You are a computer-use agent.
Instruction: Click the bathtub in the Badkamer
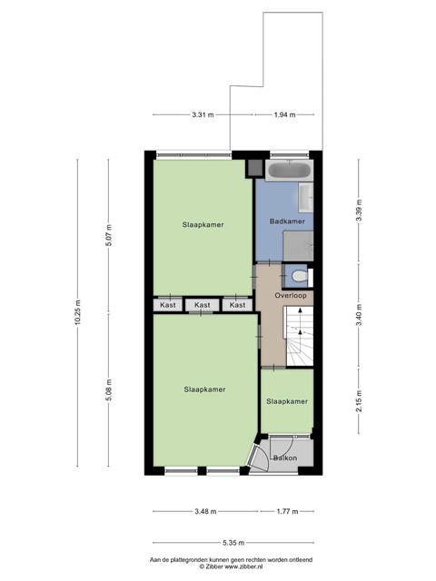click(289, 171)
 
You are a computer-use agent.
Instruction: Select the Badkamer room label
click(287, 222)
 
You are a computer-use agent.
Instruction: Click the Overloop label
click(291, 295)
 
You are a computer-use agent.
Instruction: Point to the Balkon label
click(285, 458)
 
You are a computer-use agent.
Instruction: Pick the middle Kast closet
click(203, 305)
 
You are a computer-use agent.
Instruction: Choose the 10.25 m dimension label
click(77, 312)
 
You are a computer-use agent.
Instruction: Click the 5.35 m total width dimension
click(233, 543)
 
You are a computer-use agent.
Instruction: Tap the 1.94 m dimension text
click(284, 114)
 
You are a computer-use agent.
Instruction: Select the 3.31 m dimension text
click(203, 114)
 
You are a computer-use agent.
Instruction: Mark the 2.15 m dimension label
click(359, 401)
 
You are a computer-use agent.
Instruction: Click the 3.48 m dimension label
click(205, 511)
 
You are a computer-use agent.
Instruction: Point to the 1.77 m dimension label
click(287, 511)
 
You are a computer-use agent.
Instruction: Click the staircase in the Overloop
click(299, 336)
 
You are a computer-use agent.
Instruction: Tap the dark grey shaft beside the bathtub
click(254, 168)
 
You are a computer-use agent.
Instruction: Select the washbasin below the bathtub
click(306, 198)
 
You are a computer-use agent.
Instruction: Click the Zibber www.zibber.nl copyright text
click(231, 566)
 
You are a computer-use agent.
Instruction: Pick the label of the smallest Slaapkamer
click(287, 401)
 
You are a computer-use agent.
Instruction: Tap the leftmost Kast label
click(168, 305)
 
